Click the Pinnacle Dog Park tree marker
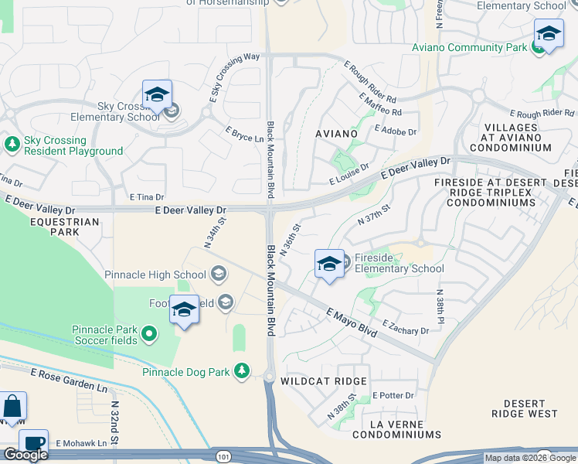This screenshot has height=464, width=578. click(x=242, y=371)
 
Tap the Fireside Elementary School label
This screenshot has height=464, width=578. click(x=399, y=263)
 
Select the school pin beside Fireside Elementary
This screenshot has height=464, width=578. click(x=329, y=264)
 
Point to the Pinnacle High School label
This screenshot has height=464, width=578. click(x=155, y=274)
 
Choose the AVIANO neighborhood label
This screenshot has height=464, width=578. click(x=337, y=134)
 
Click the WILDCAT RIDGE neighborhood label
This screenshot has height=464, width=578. click(x=324, y=382)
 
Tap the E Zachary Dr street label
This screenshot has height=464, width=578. click(x=405, y=328)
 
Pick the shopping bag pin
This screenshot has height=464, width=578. click(x=12, y=406)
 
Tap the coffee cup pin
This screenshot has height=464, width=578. click(x=33, y=443)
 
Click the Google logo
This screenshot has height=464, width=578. click(x=25, y=454)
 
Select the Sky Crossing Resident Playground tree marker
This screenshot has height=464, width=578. click(x=12, y=143)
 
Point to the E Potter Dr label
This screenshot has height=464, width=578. click(x=393, y=396)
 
